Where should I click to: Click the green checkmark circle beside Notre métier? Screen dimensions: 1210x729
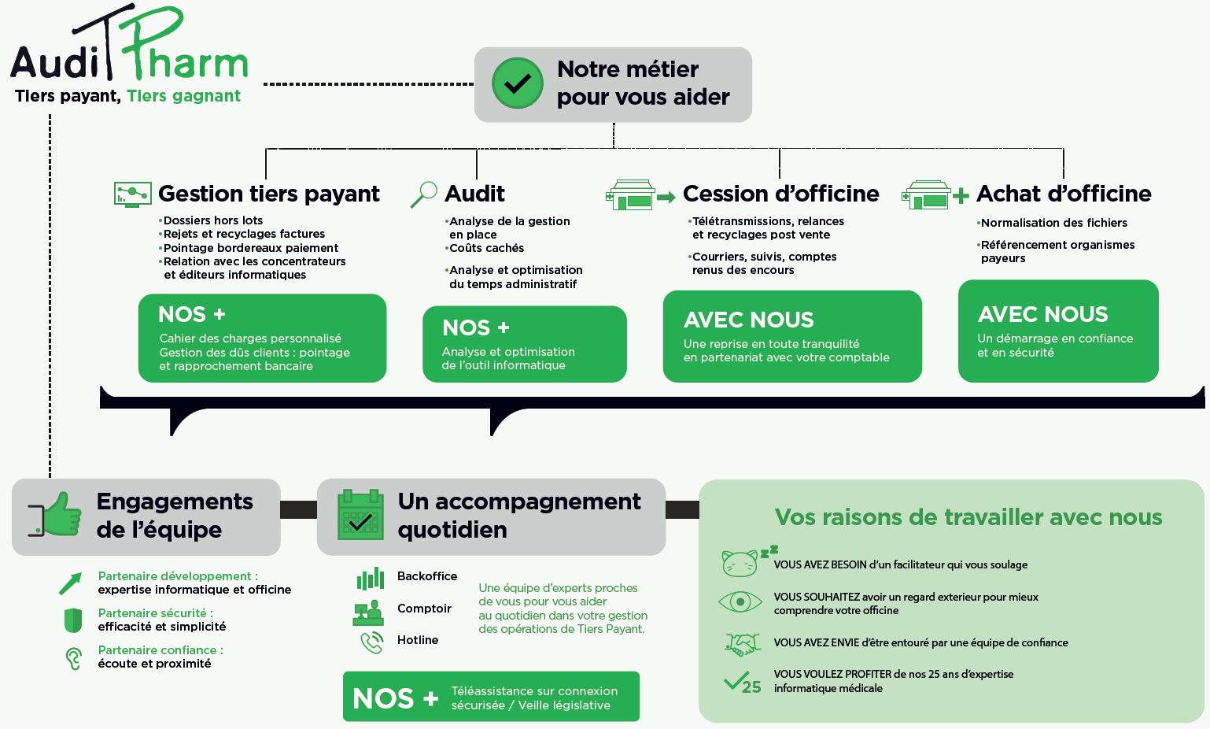coord(518,83)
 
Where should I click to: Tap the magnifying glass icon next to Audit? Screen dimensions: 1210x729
coord(424,194)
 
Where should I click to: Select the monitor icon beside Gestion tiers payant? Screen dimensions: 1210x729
coord(133,194)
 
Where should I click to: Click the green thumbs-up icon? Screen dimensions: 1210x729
coord(56,514)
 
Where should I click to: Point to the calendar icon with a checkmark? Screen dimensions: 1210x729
coord(360,515)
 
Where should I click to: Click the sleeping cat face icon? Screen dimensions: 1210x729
coord(749,561)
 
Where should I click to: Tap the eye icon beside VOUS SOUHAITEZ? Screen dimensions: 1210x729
coord(740,601)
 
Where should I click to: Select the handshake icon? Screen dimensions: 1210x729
coord(742,644)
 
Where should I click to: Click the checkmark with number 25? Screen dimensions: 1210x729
coord(742,683)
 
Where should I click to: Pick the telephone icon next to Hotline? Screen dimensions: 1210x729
coord(371,642)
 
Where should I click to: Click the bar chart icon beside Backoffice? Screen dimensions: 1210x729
coord(370,578)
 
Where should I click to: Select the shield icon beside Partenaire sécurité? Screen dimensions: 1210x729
coord(73,620)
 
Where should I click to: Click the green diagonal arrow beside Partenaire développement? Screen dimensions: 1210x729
coord(70,583)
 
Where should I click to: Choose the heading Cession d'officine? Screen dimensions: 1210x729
coord(780,194)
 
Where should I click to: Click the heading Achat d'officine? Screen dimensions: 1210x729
coord(1064,194)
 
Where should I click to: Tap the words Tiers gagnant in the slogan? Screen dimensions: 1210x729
coord(183,95)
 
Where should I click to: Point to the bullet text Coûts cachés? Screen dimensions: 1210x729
coord(486,248)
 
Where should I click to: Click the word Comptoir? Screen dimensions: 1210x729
coord(424,609)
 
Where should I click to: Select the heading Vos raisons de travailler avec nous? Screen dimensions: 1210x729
coord(968,517)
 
